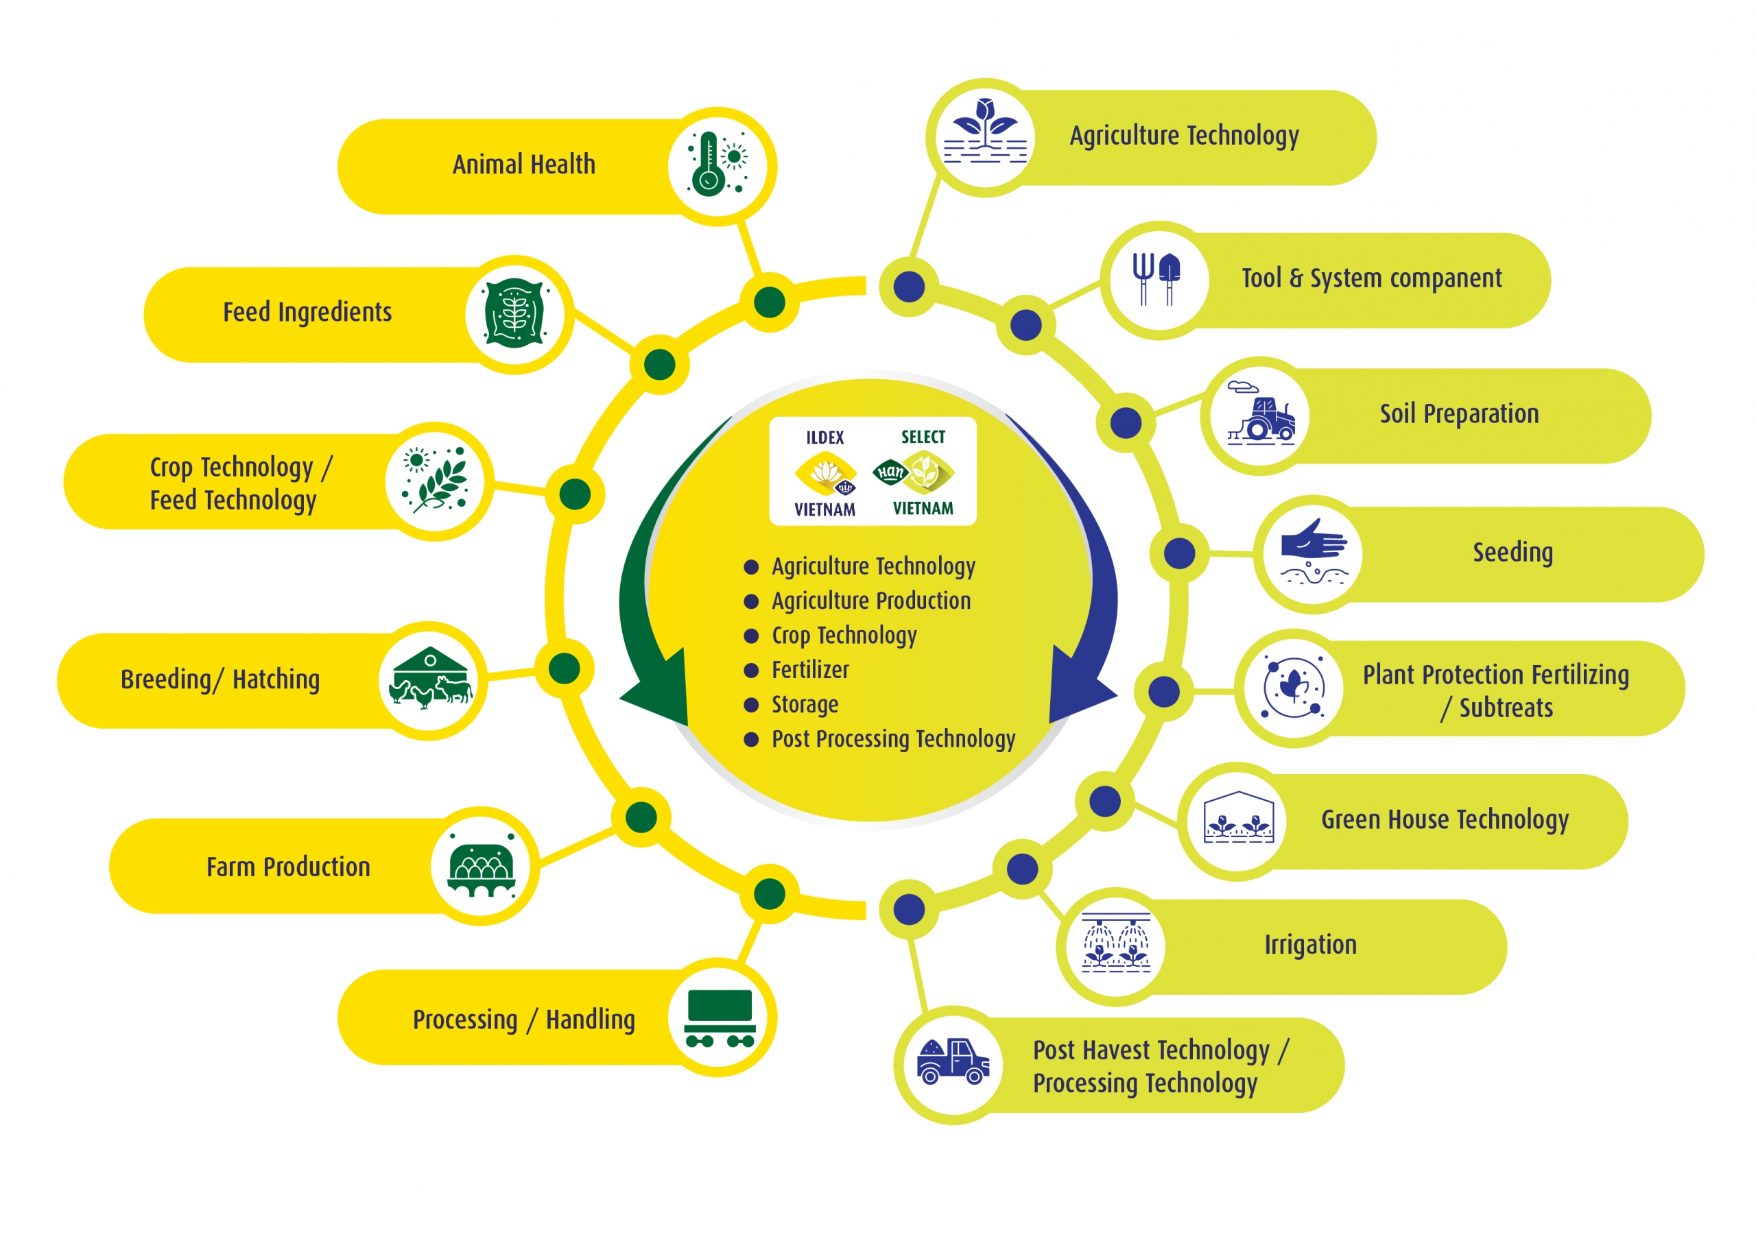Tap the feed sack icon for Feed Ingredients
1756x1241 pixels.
pyautogui.click(x=514, y=313)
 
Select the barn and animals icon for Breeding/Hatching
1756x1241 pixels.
pyautogui.click(x=431, y=679)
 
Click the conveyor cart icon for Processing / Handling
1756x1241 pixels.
pyautogui.click(x=720, y=1017)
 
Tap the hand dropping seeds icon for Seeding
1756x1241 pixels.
pyautogui.click(x=1313, y=552)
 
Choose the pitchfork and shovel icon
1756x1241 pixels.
pyautogui.click(x=1156, y=279)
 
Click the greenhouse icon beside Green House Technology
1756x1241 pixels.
pyautogui.click(x=1239, y=818)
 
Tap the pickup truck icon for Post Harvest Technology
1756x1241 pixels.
pyautogui.click(x=953, y=1061)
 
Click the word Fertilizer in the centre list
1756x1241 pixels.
pyautogui.click(x=810, y=670)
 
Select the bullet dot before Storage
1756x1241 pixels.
pyautogui.click(x=751, y=705)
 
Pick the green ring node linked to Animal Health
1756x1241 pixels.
pyautogui.click(x=770, y=302)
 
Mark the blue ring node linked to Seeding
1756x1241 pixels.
pyautogui.click(x=1179, y=553)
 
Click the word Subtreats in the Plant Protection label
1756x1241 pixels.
pyautogui.click(x=1506, y=709)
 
